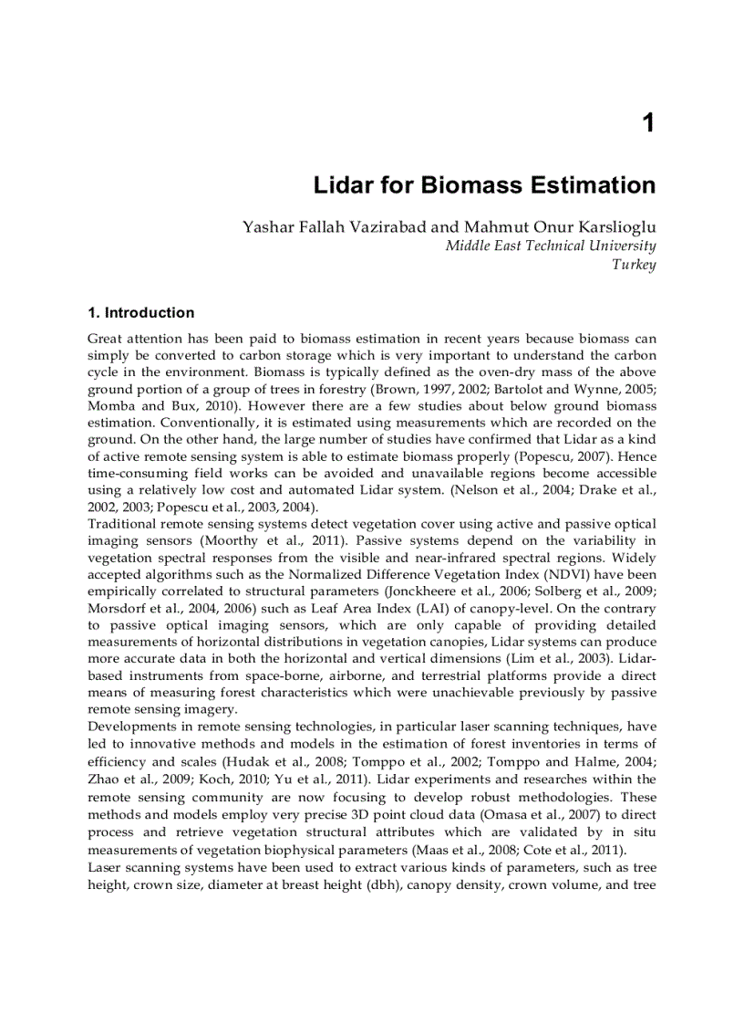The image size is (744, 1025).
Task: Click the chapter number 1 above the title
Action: [648, 123]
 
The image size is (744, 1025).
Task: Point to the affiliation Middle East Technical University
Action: [550, 246]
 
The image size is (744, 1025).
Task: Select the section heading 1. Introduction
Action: [140, 313]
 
